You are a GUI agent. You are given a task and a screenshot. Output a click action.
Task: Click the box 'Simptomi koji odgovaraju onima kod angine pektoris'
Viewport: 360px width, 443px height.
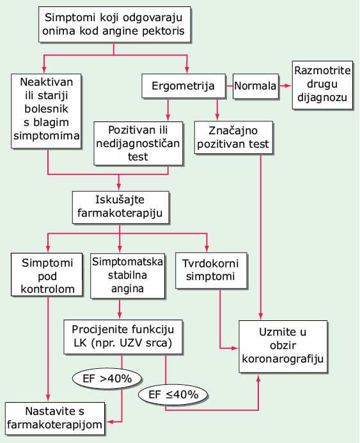pos(114,24)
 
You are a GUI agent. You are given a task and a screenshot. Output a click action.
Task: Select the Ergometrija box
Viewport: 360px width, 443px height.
pos(184,86)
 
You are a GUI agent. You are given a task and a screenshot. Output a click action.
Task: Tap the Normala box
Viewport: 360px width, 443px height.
pos(255,86)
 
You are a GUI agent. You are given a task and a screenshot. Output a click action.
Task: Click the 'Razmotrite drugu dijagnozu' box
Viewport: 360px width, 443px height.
pos(322,85)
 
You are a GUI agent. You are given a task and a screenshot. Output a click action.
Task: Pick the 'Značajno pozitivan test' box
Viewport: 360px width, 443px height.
pos(233,137)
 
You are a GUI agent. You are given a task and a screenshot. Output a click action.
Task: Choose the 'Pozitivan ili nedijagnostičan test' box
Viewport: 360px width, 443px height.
pos(138,144)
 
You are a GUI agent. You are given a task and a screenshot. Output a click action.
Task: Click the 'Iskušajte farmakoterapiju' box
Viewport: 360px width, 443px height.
pos(121,207)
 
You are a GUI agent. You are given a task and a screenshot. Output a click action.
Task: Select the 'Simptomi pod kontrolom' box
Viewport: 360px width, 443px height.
pos(47,275)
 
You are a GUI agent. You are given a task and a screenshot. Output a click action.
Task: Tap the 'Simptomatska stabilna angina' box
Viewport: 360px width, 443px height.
pos(127,276)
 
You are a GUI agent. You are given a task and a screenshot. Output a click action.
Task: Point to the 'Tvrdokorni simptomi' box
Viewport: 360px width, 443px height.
pos(211,270)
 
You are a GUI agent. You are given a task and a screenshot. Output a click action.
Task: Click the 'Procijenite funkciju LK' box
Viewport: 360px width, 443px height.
pos(123,337)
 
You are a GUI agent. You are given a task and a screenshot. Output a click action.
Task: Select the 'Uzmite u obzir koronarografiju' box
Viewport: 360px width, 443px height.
pos(283,346)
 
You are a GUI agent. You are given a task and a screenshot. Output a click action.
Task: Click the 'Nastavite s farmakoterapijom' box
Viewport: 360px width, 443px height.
pos(55,419)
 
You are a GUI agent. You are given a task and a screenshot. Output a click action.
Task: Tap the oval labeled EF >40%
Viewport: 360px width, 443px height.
pos(107,378)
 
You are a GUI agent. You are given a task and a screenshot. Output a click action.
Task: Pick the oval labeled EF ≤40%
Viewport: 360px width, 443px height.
pos(173,394)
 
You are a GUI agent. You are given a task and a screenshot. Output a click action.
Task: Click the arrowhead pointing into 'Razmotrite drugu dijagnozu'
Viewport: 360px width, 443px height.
pos(288,86)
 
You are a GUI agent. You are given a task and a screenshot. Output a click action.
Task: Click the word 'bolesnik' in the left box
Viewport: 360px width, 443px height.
pos(46,109)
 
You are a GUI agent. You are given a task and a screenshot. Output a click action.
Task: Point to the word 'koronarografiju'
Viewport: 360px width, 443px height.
pos(283,359)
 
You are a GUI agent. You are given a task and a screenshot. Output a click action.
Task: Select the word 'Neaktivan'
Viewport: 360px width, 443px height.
pos(47,82)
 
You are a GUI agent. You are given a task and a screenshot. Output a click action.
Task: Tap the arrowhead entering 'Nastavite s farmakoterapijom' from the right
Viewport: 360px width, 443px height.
pos(109,422)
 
